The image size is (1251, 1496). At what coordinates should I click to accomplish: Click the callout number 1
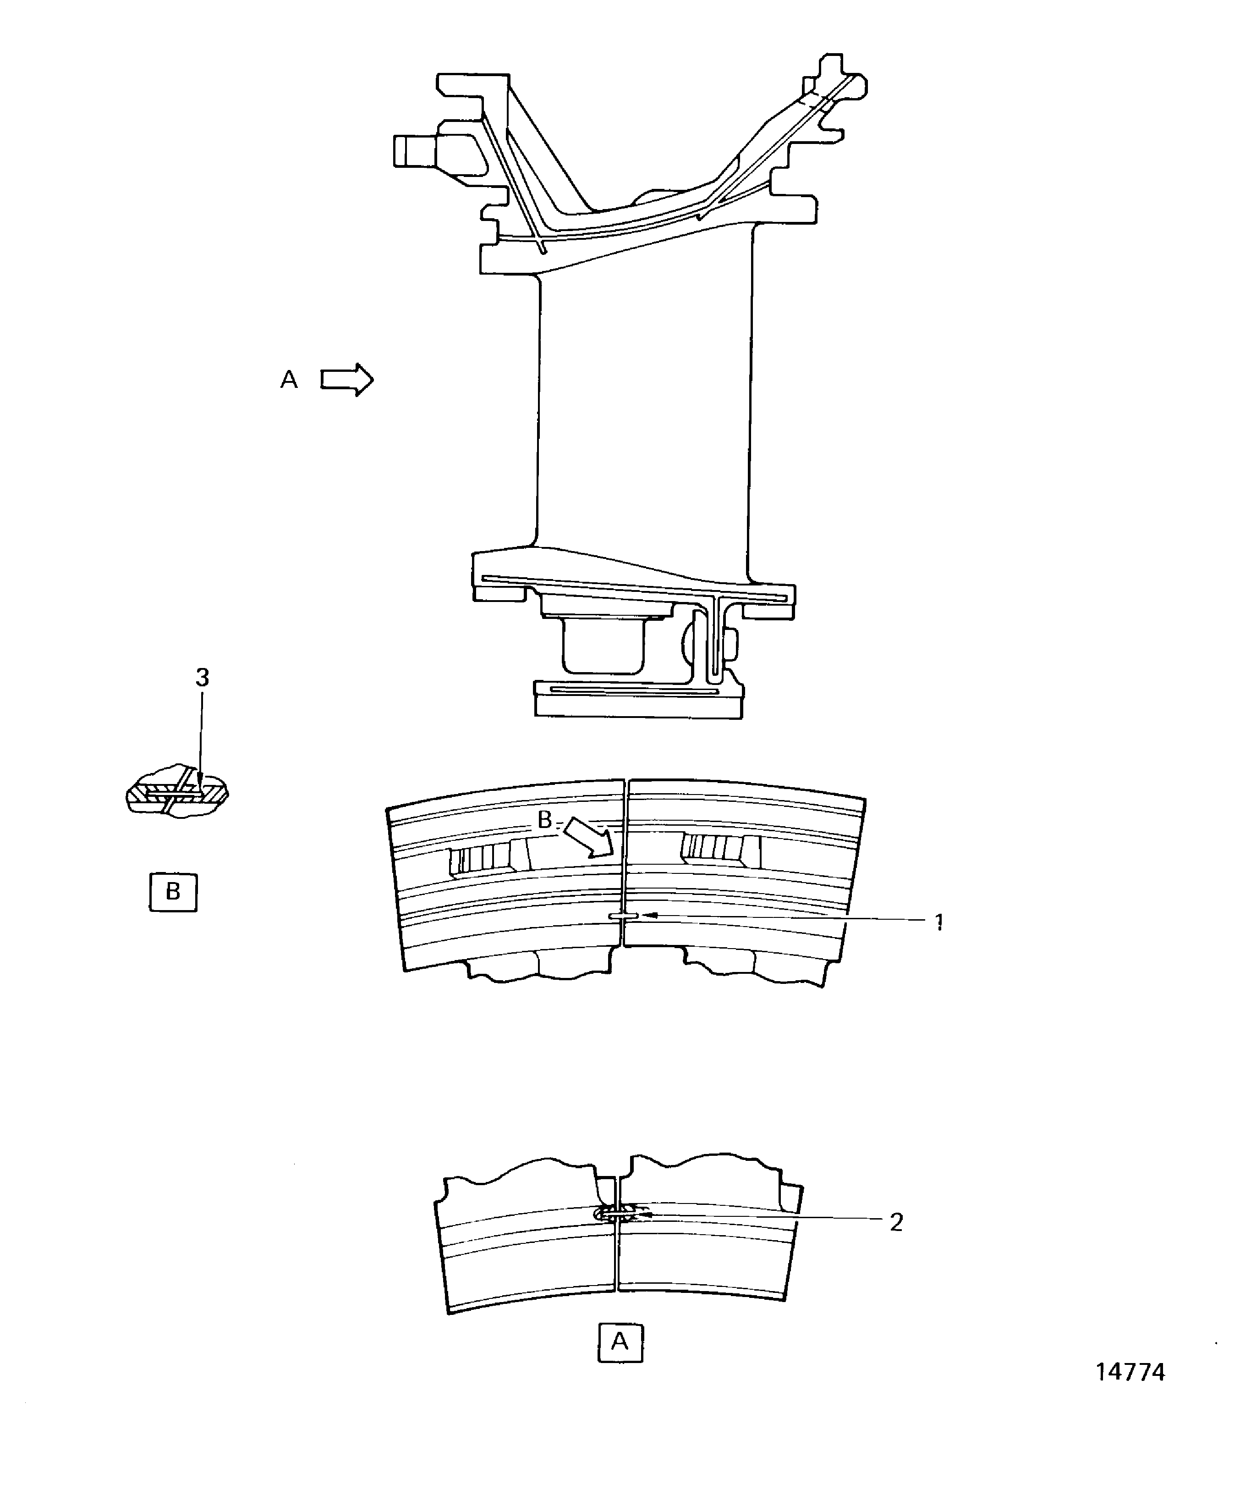pyautogui.click(x=939, y=923)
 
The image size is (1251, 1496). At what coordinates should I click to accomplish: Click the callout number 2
pyautogui.click(x=896, y=1222)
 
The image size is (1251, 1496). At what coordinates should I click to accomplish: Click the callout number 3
pyautogui.click(x=202, y=678)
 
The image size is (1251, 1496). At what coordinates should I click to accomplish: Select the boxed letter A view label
pyautogui.click(x=620, y=1343)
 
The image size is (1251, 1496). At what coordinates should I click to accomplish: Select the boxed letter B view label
pyautogui.click(x=173, y=892)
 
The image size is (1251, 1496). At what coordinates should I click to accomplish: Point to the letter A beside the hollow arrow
pyautogui.click(x=288, y=380)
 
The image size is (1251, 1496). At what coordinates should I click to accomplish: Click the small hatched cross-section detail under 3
pyautogui.click(x=176, y=792)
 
